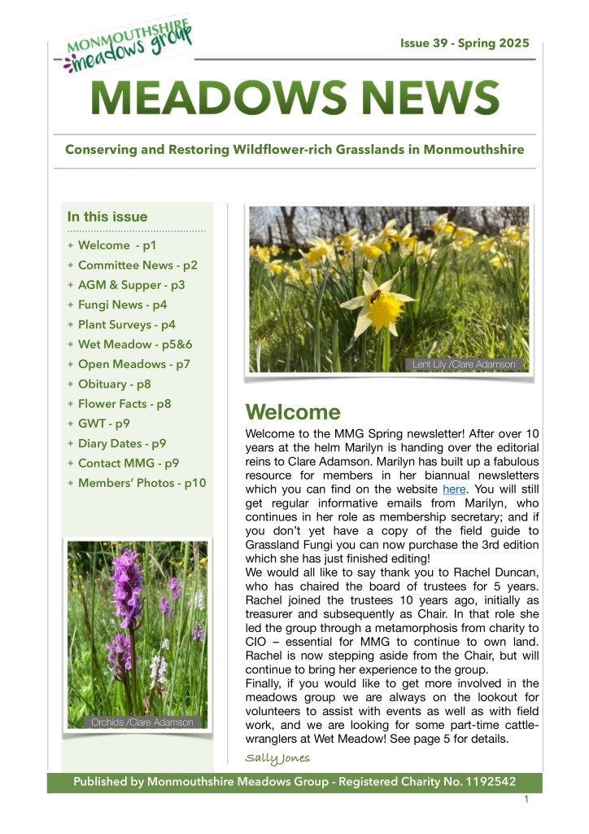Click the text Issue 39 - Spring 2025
tap(464, 43)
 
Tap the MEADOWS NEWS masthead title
tap(294, 99)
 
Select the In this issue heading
tap(107, 217)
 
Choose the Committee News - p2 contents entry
tap(137, 265)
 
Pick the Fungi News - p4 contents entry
tap(122, 305)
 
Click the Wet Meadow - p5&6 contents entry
tap(134, 344)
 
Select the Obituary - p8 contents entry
tap(114, 384)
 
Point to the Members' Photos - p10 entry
tap(142, 483)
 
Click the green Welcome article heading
tap(293, 411)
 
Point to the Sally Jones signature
tap(277, 758)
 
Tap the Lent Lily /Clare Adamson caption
tap(464, 364)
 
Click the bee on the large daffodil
tap(375, 298)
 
